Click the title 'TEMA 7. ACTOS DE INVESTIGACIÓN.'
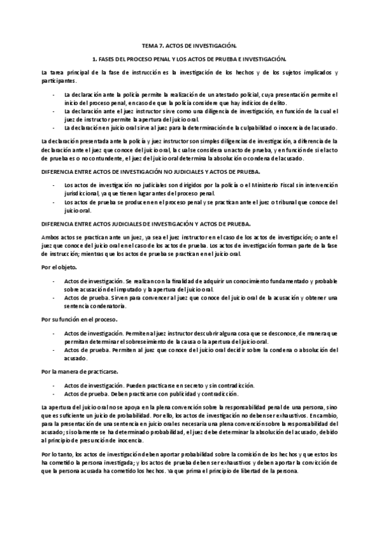[x=189, y=46]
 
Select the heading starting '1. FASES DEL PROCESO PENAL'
[x=189, y=58]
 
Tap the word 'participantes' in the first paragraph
[x=58, y=81]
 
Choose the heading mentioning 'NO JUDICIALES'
[x=149, y=172]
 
